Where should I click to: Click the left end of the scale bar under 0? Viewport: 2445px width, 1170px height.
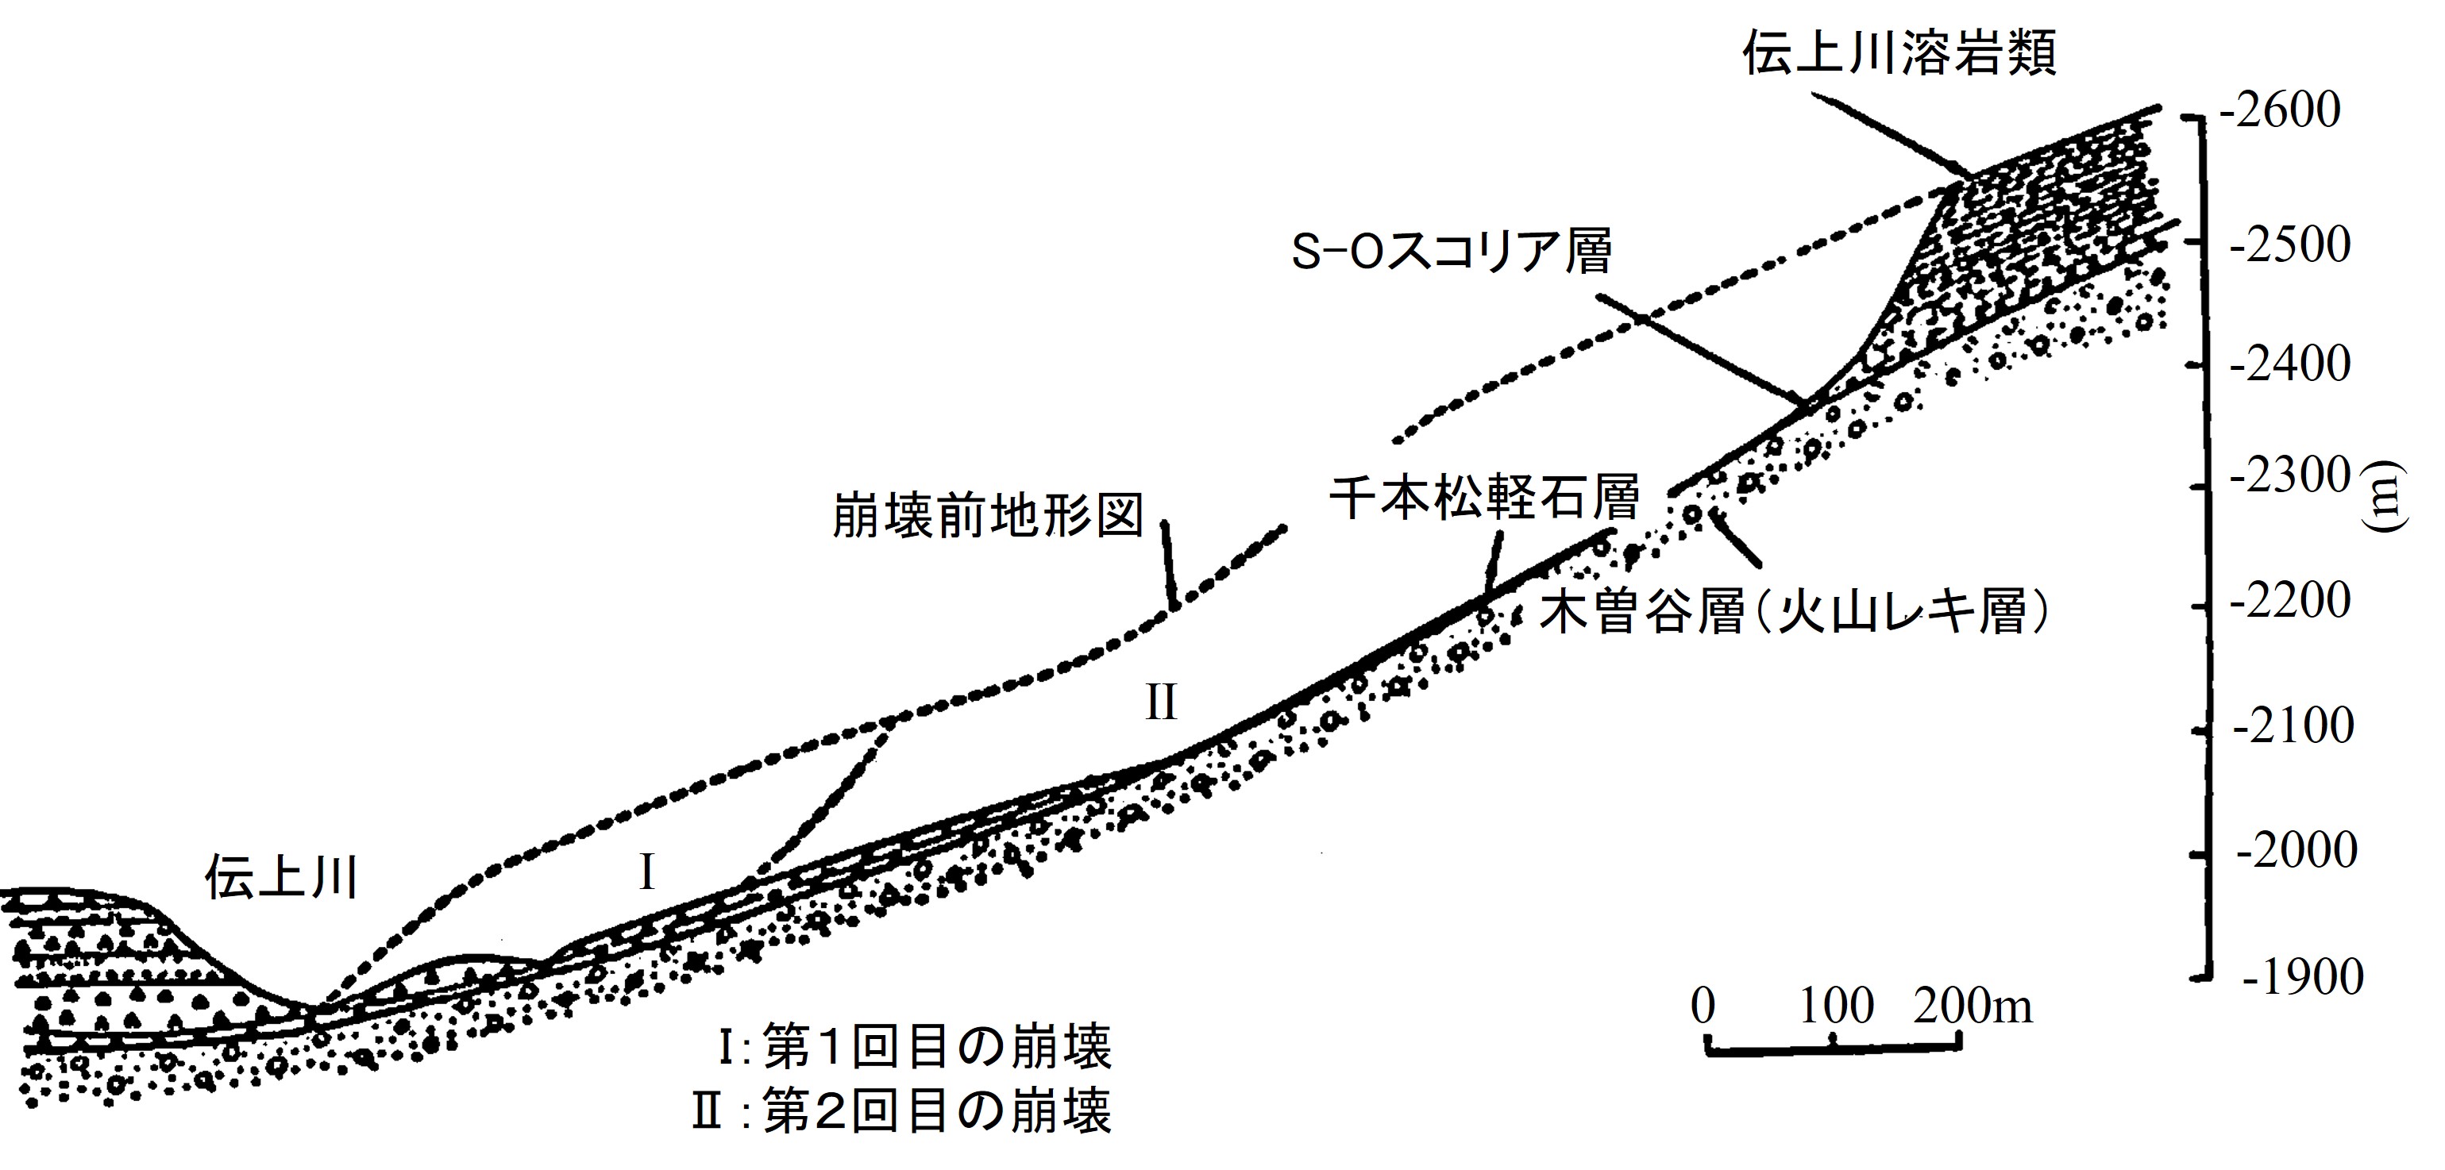pos(1707,1048)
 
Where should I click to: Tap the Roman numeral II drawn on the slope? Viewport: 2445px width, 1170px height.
pos(1162,703)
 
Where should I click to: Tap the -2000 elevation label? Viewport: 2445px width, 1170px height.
pos(2297,851)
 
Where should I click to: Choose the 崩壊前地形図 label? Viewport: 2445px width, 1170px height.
pos(988,515)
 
